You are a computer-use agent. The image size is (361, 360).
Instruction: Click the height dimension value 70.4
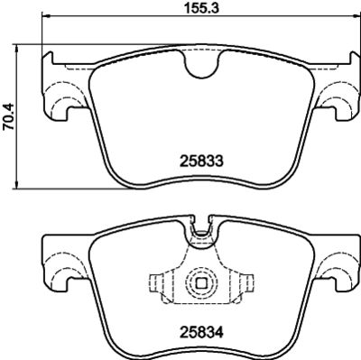(x=10, y=115)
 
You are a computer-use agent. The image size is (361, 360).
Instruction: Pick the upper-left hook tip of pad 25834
(x=47, y=236)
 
